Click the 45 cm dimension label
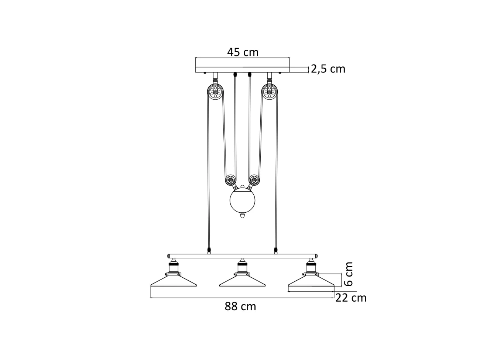pos(243,52)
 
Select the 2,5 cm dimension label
pos(328,69)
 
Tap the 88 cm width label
pos(240,306)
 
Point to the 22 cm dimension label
pos(351,298)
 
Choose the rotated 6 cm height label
pos(348,274)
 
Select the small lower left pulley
pos(231,181)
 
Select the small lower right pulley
pos(254,181)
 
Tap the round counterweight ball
pos(242,200)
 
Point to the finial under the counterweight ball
pos(242,215)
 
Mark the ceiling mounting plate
pos(243,69)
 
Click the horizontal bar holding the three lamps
pos(243,256)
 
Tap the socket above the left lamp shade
pos(173,267)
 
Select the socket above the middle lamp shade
pos(242,267)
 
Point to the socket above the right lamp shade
pos(311,267)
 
